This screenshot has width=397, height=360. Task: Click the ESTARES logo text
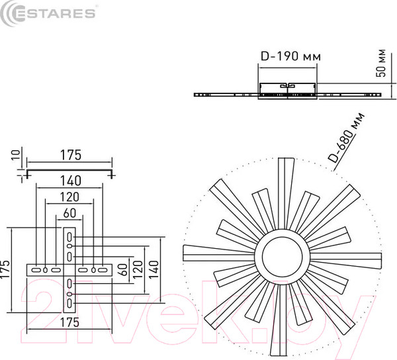click(x=54, y=13)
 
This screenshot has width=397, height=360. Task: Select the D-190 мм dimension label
click(x=290, y=56)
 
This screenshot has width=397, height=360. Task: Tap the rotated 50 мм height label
click(x=381, y=63)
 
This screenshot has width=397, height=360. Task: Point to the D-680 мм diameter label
click(x=346, y=138)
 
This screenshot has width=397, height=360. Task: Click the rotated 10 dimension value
click(x=16, y=154)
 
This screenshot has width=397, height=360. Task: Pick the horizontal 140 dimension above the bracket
click(x=70, y=181)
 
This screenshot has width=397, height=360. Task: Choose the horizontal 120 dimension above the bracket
click(x=69, y=197)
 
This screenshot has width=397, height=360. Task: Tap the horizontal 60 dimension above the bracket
click(x=69, y=213)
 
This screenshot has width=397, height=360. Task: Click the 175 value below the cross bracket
click(x=69, y=322)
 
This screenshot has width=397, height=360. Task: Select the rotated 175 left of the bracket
click(x=5, y=269)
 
